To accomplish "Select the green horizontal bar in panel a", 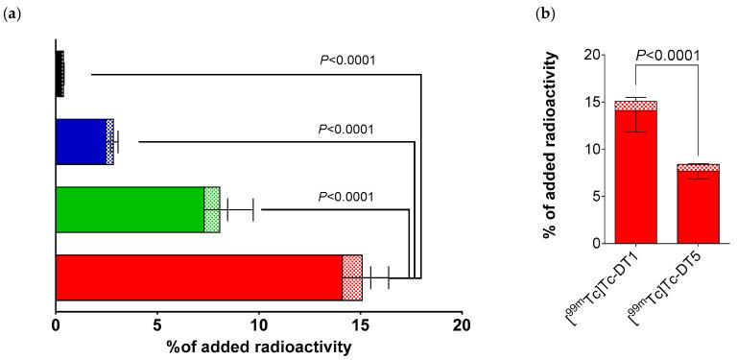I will pos(131,209).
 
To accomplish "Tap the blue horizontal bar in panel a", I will pos(82,142).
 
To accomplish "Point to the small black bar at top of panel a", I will pos(59,73).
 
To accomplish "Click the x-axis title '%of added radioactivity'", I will pos(258,347).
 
